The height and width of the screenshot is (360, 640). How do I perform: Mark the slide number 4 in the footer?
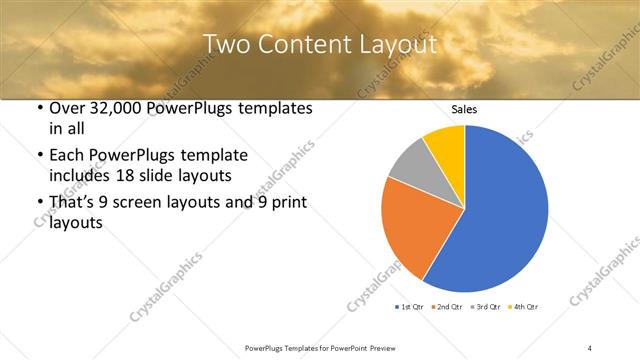590,347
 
